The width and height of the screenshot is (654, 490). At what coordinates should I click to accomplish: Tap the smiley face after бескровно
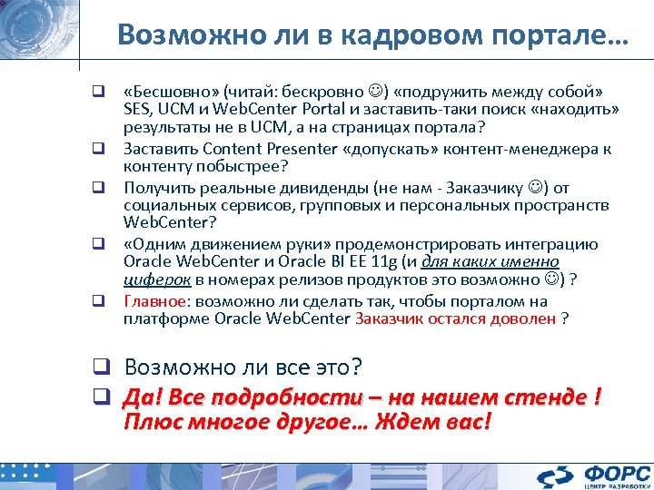[x=375, y=92]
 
